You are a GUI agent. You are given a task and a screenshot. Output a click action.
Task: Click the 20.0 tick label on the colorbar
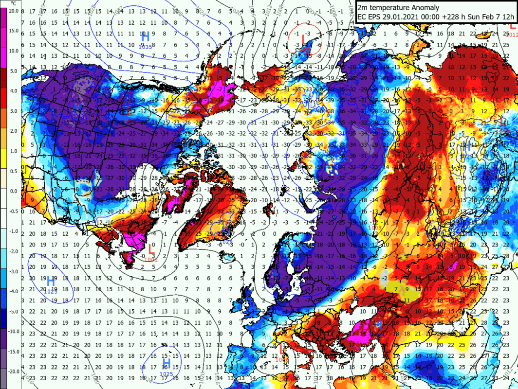(x=13, y=11)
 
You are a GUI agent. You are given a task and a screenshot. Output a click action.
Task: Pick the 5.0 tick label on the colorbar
(x=13, y=71)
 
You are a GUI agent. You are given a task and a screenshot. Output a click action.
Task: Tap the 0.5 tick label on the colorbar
(x=13, y=171)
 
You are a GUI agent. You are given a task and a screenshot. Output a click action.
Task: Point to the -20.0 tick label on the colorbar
(x=13, y=371)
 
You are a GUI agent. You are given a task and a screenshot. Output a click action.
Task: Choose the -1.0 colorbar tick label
(x=13, y=231)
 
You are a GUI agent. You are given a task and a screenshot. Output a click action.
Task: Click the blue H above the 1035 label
(x=145, y=36)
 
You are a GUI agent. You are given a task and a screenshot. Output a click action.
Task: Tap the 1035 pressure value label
(x=145, y=46)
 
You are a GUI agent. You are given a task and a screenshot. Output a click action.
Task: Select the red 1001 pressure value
(x=151, y=260)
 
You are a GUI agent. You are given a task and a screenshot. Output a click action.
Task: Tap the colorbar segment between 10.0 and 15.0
(x=3, y=40)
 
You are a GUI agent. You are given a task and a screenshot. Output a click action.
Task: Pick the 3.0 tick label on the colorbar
(x=13, y=111)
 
